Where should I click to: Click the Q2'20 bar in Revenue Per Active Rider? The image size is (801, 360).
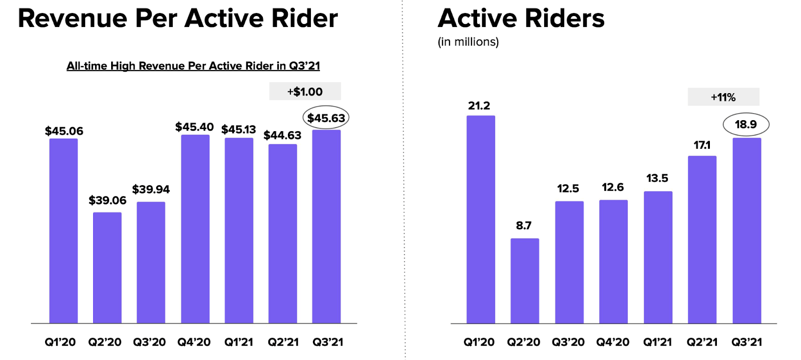tap(107, 267)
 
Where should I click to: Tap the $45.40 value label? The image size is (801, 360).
tap(194, 127)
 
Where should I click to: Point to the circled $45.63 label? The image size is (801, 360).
tap(326, 118)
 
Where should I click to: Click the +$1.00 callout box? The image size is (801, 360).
tap(305, 92)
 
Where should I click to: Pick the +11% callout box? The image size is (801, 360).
tap(723, 97)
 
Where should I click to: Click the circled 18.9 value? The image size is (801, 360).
tap(745, 124)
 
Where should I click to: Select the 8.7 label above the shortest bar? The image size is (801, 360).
tap(524, 225)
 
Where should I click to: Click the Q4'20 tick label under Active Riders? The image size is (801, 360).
tap(613, 342)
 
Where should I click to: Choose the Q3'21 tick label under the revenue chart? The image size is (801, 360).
tap(328, 342)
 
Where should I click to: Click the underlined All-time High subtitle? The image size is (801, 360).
tap(193, 66)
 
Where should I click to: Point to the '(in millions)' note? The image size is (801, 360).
tap(468, 42)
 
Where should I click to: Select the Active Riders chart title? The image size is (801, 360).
tap(521, 19)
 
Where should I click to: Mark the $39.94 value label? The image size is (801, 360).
tap(151, 189)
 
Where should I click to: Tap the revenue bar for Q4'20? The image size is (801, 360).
tap(195, 229)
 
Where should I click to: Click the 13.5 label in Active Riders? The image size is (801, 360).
tap(657, 178)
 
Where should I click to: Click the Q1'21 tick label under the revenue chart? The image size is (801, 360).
tap(239, 342)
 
